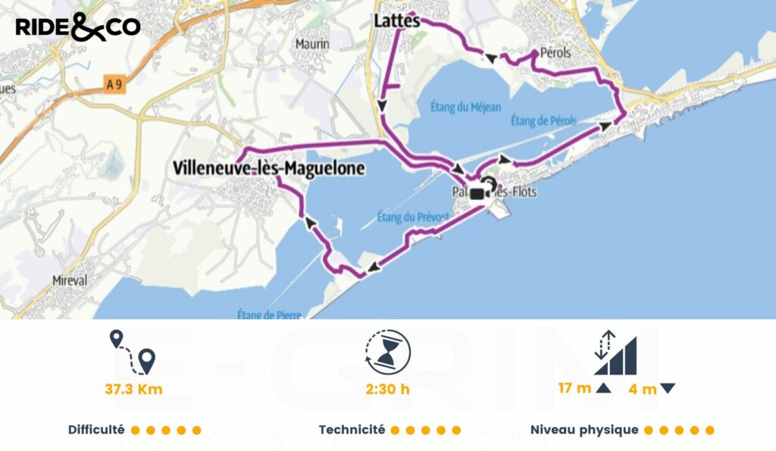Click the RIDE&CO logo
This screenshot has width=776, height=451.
coord(77,28)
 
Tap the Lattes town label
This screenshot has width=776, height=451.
coord(396,21)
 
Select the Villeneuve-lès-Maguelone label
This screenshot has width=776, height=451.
coord(268,168)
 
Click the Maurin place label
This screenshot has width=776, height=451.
coord(312,44)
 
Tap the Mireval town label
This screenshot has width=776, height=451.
coord(69,280)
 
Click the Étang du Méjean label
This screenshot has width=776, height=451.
coord(458,107)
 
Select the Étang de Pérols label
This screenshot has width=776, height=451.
coord(543,121)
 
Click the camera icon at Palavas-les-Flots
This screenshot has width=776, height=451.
coord(479,193)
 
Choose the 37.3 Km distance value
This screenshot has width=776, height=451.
coord(133,390)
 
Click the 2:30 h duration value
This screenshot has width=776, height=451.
coord(387,390)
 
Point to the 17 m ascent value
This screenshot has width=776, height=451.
coord(575,389)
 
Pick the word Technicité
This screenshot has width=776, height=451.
coord(352,430)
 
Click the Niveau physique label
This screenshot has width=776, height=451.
coord(584,430)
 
